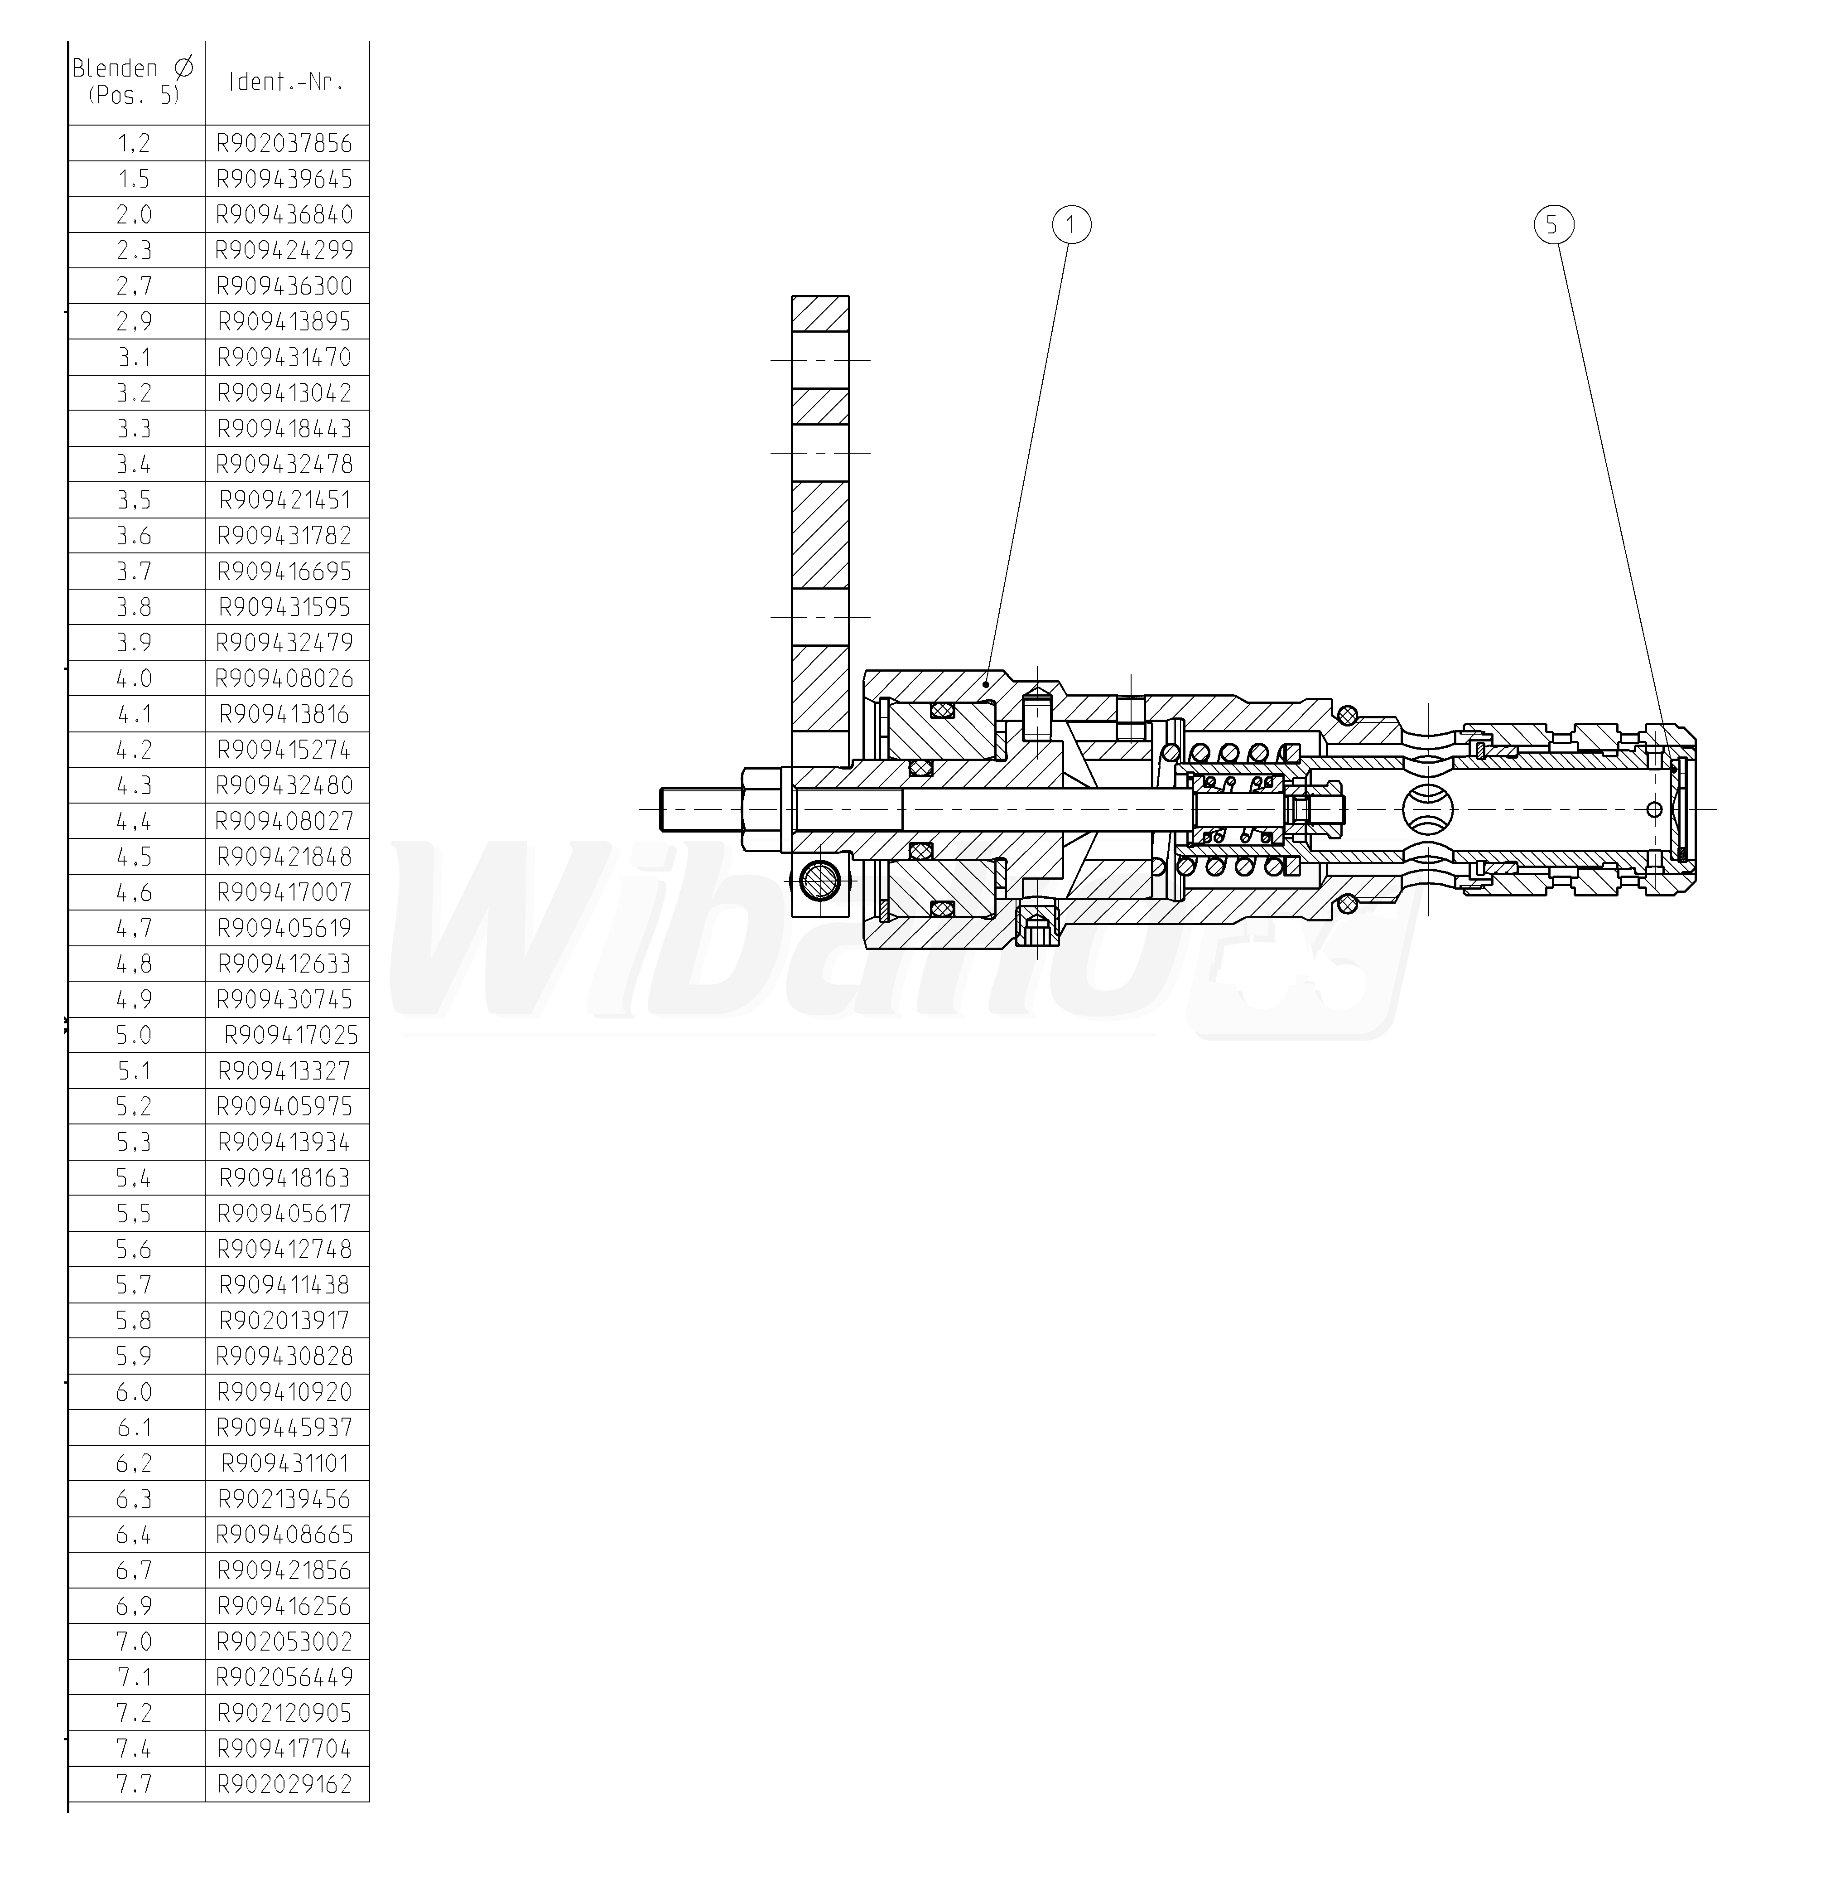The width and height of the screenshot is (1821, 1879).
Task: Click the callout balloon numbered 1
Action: pyautogui.click(x=1071, y=225)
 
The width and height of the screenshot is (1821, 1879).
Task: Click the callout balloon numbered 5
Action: pyautogui.click(x=1554, y=225)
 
